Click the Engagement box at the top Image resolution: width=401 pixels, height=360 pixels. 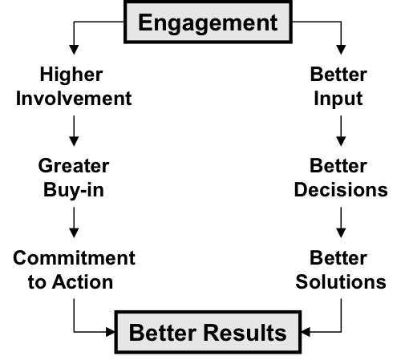(x=208, y=22)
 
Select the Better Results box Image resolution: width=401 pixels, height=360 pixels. (x=208, y=332)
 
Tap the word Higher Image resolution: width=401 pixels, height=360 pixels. (x=71, y=74)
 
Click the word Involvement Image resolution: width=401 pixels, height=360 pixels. (x=74, y=99)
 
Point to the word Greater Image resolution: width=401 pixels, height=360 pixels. (x=74, y=166)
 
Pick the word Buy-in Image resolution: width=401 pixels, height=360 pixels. (x=74, y=190)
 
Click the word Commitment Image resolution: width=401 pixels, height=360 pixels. (x=74, y=258)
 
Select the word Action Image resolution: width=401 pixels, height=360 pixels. (x=83, y=282)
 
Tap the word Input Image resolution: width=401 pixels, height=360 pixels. (x=338, y=99)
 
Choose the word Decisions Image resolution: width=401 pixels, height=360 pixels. (x=341, y=190)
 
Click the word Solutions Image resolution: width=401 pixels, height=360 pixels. (x=341, y=282)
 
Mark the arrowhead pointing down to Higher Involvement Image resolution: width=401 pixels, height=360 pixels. (x=74, y=50)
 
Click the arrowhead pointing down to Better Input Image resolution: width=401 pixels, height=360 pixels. (x=341, y=50)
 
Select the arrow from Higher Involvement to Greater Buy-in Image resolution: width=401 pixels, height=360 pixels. (x=74, y=131)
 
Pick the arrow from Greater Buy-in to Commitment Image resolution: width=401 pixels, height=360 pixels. (x=74, y=222)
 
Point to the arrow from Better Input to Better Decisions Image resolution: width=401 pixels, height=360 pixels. (x=341, y=131)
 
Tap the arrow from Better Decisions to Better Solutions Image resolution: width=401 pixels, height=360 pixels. (x=341, y=222)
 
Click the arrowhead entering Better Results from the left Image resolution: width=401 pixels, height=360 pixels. (x=111, y=332)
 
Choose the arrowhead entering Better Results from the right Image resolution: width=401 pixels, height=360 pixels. (x=306, y=332)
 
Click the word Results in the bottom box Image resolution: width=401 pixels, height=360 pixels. (x=245, y=333)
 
